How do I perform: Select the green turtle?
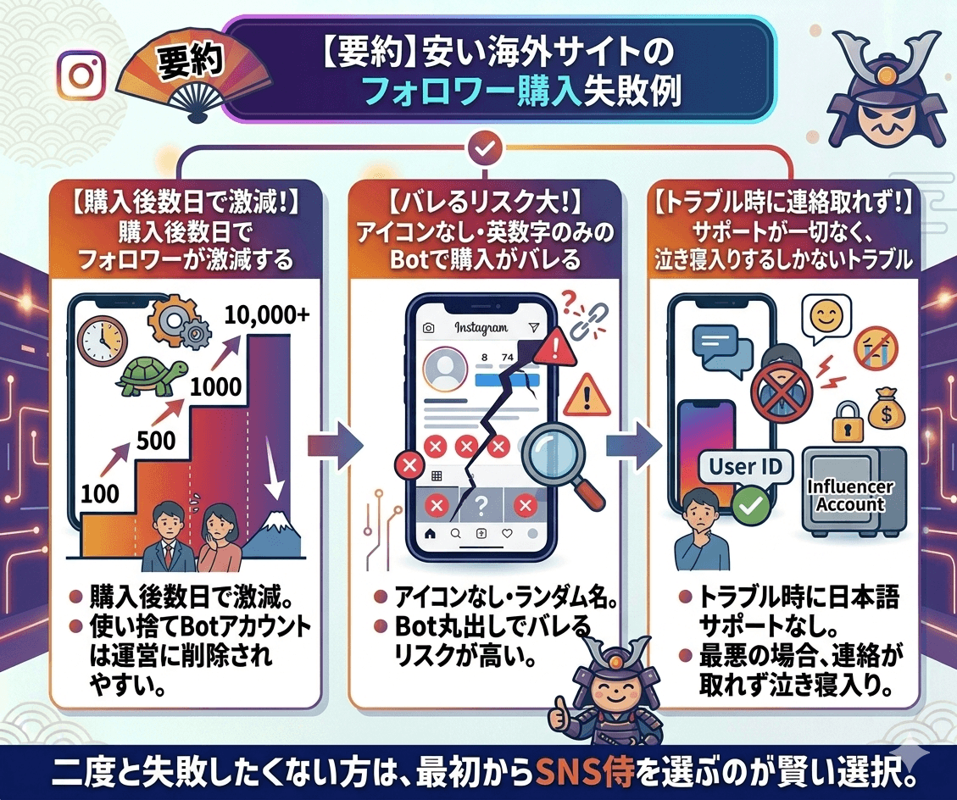click(x=153, y=374)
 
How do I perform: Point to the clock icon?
click(x=100, y=340)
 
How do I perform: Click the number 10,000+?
click(x=267, y=315)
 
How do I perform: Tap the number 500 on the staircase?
click(x=155, y=440)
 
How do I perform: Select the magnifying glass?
click(x=552, y=458)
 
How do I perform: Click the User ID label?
click(x=745, y=465)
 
